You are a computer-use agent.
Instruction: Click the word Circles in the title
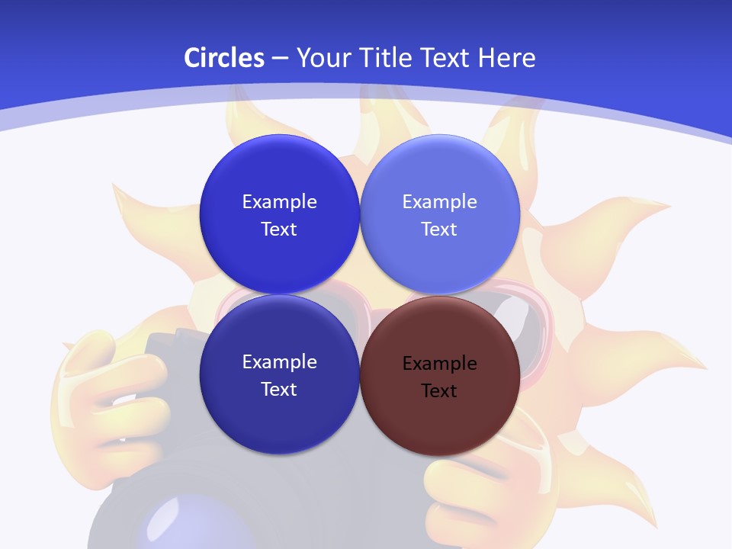(223, 58)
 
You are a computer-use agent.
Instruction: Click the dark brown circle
(440, 374)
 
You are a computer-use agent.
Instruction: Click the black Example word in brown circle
(440, 364)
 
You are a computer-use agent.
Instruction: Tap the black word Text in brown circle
(439, 391)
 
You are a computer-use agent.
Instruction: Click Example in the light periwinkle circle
(440, 202)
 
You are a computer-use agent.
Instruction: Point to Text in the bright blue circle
(279, 230)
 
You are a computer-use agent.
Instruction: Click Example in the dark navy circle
(279, 362)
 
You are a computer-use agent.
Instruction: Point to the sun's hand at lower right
(465, 488)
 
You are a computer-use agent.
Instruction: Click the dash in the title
(279, 58)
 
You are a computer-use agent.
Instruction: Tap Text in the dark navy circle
(279, 390)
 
